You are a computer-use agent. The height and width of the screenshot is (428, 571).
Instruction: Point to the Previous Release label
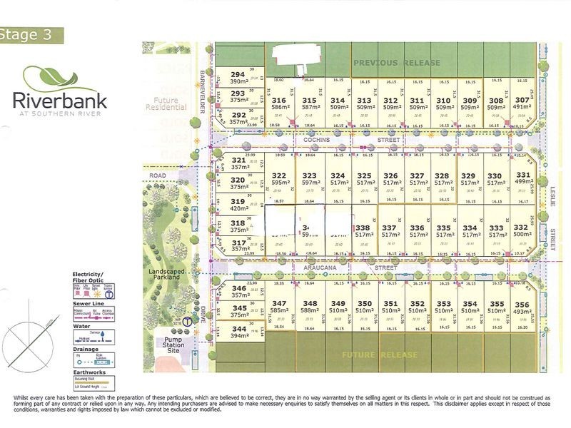click(x=398, y=63)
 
